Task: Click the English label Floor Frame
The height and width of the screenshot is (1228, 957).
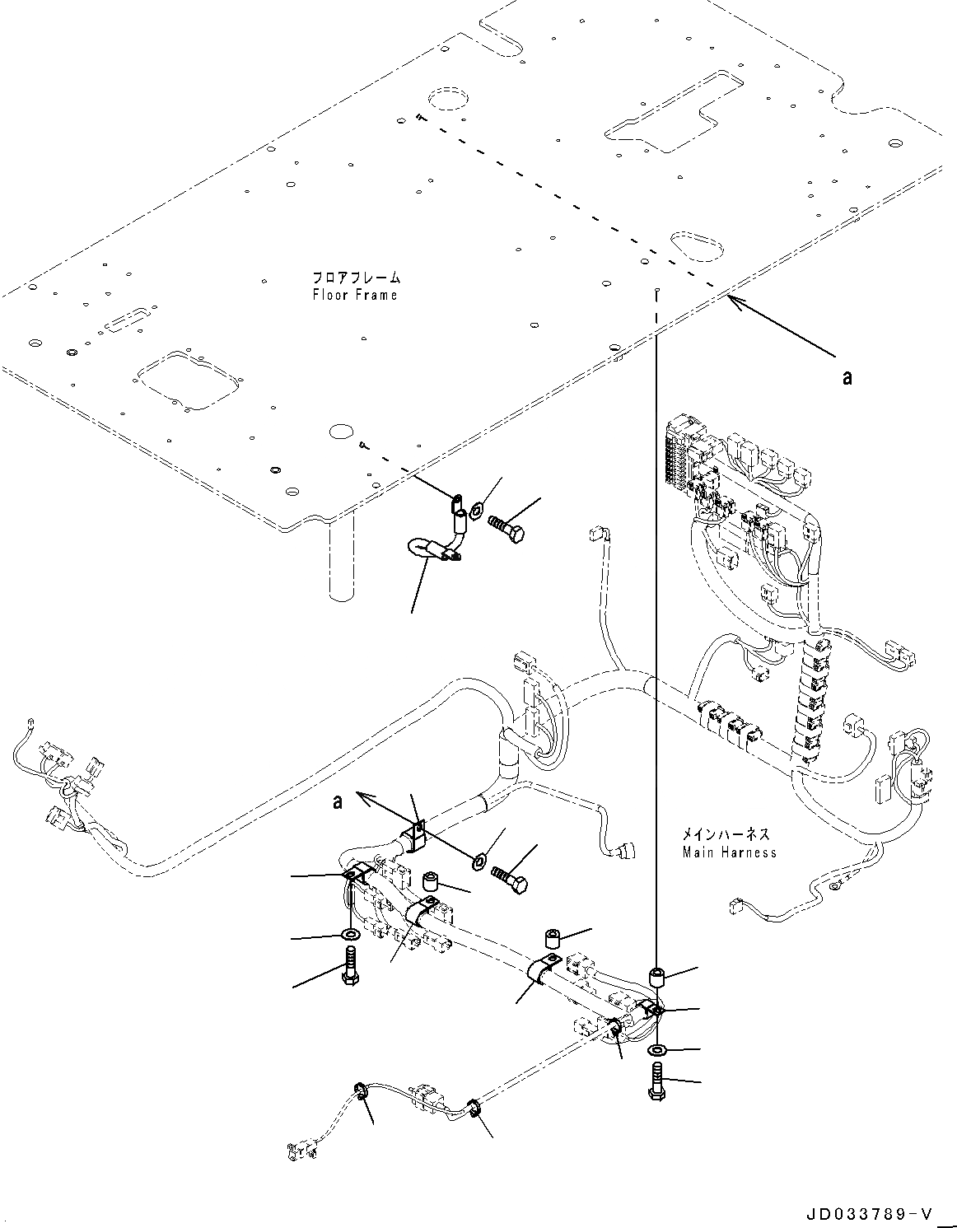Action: pos(355,295)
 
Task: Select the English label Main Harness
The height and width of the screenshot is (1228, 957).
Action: pos(729,852)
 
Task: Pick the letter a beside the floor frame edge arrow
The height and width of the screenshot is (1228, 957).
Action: pos(846,377)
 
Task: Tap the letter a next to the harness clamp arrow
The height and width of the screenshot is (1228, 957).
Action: pos(338,801)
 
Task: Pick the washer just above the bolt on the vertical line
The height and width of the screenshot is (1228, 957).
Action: pos(657,1051)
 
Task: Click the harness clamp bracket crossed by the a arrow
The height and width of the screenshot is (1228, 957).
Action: pos(413,837)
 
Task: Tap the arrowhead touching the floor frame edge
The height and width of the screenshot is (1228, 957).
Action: pos(733,301)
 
